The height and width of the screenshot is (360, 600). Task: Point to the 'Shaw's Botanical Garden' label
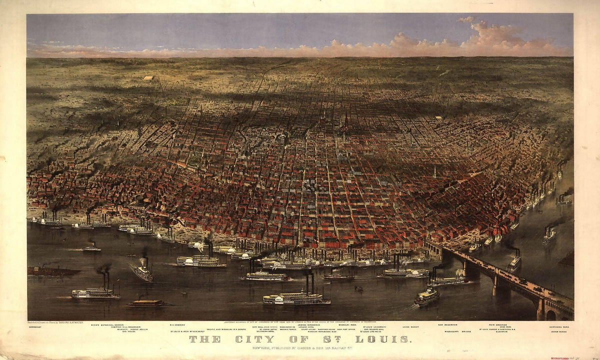coord(119,324)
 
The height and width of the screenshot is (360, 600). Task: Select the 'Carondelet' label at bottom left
coord(36,328)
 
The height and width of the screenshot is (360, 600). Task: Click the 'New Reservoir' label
coord(447,324)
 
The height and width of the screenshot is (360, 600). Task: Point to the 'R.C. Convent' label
coord(177,324)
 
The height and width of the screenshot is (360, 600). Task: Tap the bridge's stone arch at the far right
coord(550,314)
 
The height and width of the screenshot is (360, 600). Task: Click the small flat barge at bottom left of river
coord(145,302)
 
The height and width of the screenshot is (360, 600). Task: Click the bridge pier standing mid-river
coord(495,285)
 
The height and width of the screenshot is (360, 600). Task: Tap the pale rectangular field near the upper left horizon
coord(148,78)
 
